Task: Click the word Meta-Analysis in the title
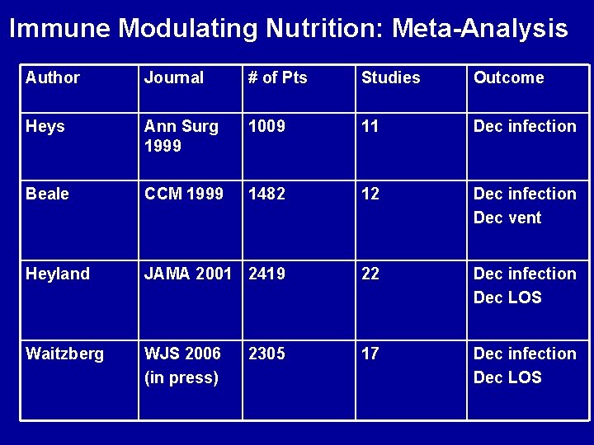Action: point(480,29)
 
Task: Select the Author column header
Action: point(53,77)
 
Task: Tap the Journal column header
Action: point(173,77)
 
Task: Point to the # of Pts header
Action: point(277,77)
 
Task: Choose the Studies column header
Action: point(390,77)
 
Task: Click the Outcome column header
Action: point(508,77)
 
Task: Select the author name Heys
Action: point(45,126)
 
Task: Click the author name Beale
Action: point(47,194)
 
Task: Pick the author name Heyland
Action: point(58,274)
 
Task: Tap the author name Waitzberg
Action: point(65,354)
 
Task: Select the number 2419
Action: point(266,274)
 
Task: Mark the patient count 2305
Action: point(266,354)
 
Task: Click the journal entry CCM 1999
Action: point(183,194)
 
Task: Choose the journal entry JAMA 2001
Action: point(188,274)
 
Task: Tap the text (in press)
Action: point(181,377)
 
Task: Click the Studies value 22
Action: point(370,274)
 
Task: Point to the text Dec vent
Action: point(507,218)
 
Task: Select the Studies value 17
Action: point(370,354)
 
